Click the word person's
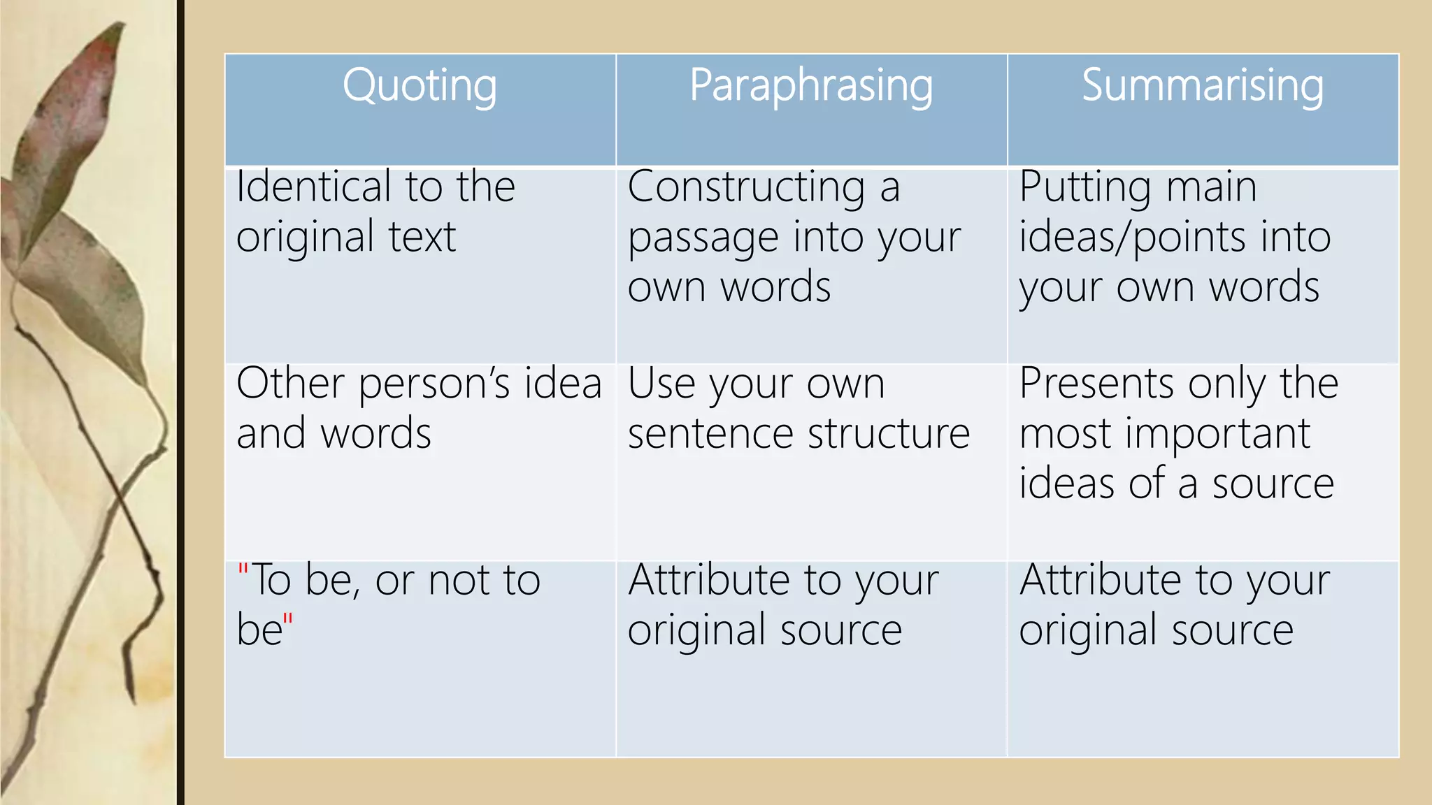tap(425, 385)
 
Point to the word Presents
tap(1096, 384)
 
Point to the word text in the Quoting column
tap(422, 238)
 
